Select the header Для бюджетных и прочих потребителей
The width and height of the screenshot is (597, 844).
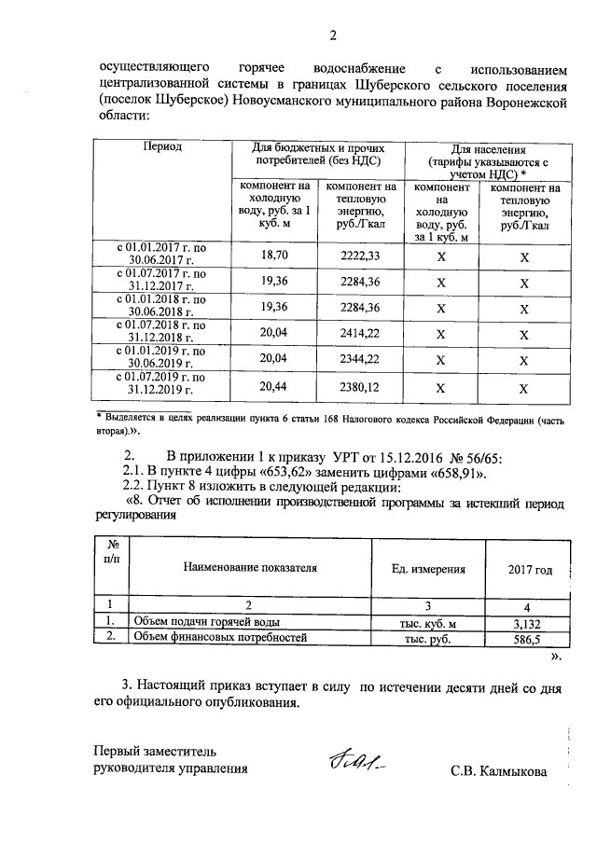315,155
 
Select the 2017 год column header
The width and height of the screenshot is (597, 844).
530,569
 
